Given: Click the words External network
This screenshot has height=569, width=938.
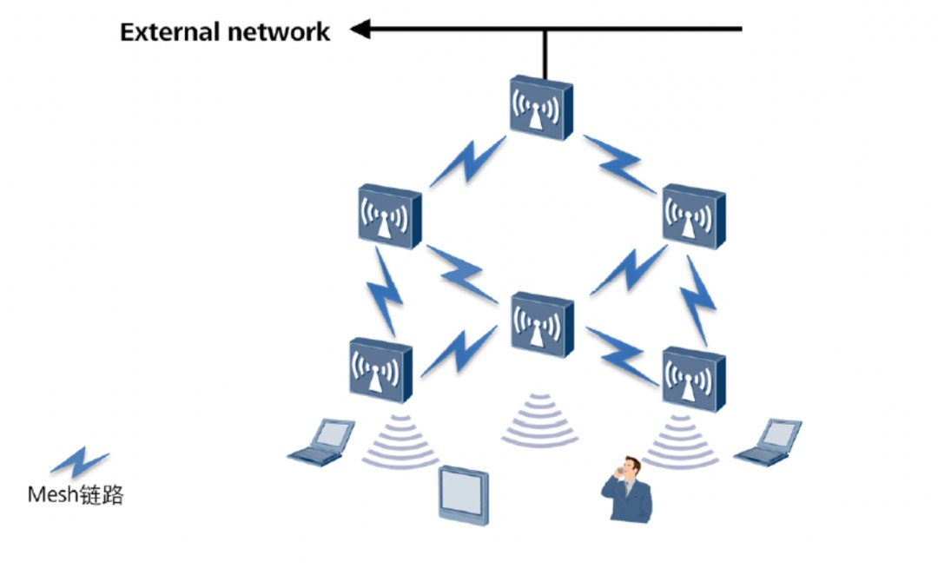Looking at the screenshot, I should pos(225,32).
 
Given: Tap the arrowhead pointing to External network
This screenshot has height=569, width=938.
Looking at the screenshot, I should pos(360,30).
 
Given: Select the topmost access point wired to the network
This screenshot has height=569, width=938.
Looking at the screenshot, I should pos(542,107).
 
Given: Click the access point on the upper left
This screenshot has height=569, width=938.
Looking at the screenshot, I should pos(389,215).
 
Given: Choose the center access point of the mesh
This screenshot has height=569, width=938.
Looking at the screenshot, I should pos(542,324).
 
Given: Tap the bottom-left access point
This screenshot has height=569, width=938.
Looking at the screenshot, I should pos(380,369).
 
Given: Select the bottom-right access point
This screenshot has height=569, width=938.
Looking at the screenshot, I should pos(693,378).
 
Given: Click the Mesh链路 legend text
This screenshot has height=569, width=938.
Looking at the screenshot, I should pos(76,495).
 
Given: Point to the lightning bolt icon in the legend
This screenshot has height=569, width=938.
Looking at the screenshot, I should pos(79,460).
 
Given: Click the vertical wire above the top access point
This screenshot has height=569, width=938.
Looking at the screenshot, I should pos(545,54).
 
